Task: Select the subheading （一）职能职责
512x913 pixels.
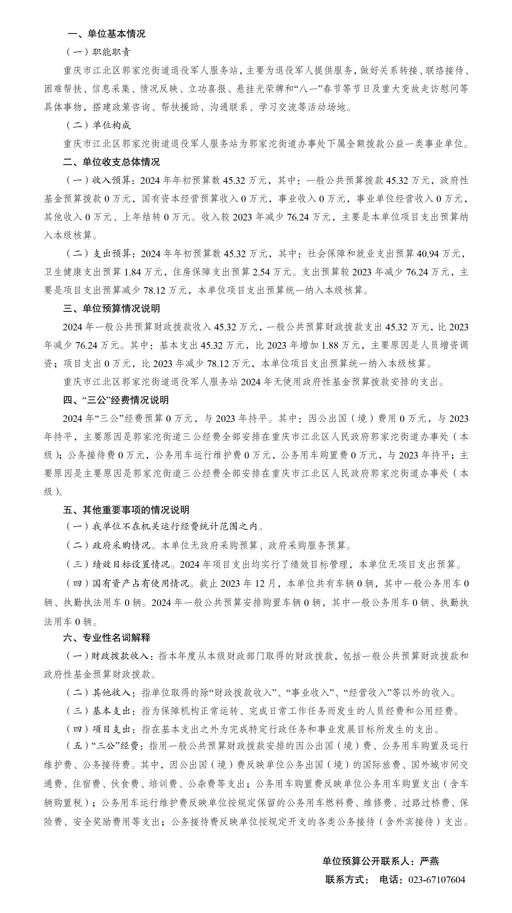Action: point(98,52)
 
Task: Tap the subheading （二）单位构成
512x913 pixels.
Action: point(98,125)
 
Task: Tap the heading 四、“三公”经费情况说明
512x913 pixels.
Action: point(116,400)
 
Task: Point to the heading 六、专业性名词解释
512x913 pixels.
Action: point(107,638)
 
